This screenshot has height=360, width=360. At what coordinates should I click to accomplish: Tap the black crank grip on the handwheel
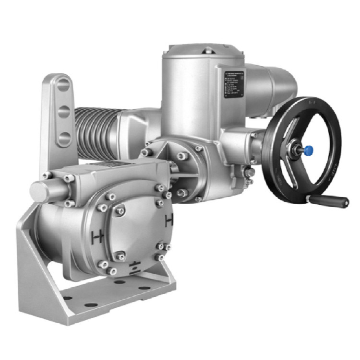pyautogui.click(x=336, y=200)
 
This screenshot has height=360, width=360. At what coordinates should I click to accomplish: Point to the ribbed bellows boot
pyautogui.click(x=94, y=132)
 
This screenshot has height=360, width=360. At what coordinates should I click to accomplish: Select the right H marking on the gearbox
pyautogui.click(x=169, y=221)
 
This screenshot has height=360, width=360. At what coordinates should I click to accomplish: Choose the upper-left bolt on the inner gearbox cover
pyautogui.click(x=119, y=210)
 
